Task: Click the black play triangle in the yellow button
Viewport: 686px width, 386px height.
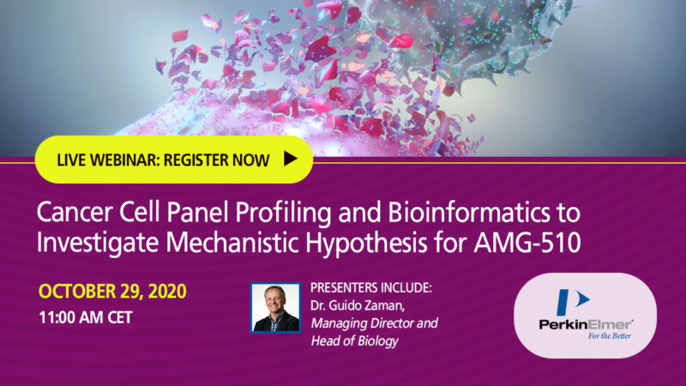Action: (290, 159)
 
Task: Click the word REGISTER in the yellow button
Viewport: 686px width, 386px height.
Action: (196, 160)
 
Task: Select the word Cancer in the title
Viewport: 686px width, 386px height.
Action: (75, 213)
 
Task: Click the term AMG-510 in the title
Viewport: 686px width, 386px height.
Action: (527, 243)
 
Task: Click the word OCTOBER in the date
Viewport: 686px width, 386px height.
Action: (76, 292)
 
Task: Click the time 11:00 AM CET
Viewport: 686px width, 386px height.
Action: (85, 317)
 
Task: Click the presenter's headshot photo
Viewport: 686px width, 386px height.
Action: (275, 308)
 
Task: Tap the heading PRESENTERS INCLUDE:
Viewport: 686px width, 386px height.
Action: (371, 287)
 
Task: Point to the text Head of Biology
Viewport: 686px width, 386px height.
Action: (354, 341)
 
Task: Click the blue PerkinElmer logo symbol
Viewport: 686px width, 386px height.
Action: (572, 302)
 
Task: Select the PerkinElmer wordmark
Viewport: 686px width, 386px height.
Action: (586, 325)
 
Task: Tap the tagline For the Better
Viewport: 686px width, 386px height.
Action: (610, 335)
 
